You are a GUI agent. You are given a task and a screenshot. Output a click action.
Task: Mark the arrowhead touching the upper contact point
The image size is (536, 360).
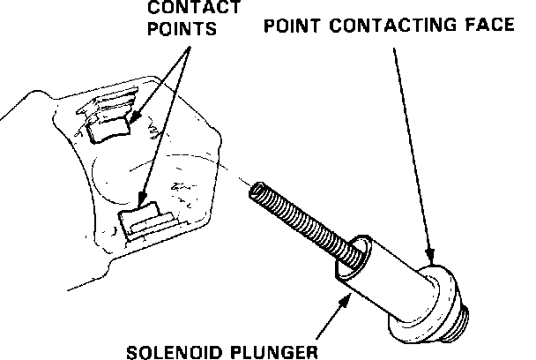[x=132, y=117]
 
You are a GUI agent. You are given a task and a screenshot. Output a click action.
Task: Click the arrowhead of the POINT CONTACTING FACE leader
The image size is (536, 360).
[x=431, y=257]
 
